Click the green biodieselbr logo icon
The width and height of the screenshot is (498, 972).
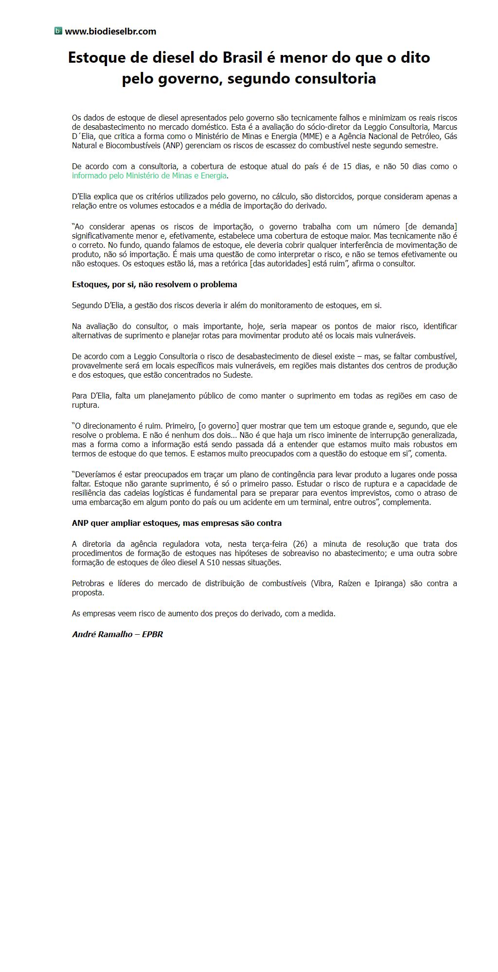(x=58, y=31)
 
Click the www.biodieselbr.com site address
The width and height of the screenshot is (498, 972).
(x=110, y=32)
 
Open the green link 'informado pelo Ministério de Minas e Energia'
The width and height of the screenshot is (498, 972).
(x=149, y=175)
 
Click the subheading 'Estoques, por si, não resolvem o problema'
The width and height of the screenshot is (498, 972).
(x=154, y=284)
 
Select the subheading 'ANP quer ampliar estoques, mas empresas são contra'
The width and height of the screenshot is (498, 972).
(x=177, y=523)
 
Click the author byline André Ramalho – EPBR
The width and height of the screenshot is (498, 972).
(x=117, y=634)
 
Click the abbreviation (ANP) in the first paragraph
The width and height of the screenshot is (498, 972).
(x=173, y=145)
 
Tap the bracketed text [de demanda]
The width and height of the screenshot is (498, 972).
(x=431, y=226)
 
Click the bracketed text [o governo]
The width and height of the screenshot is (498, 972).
(x=216, y=426)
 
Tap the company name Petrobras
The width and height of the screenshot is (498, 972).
(x=89, y=583)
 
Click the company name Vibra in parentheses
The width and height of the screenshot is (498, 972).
(x=322, y=583)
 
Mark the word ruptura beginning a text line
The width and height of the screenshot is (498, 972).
(x=85, y=405)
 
